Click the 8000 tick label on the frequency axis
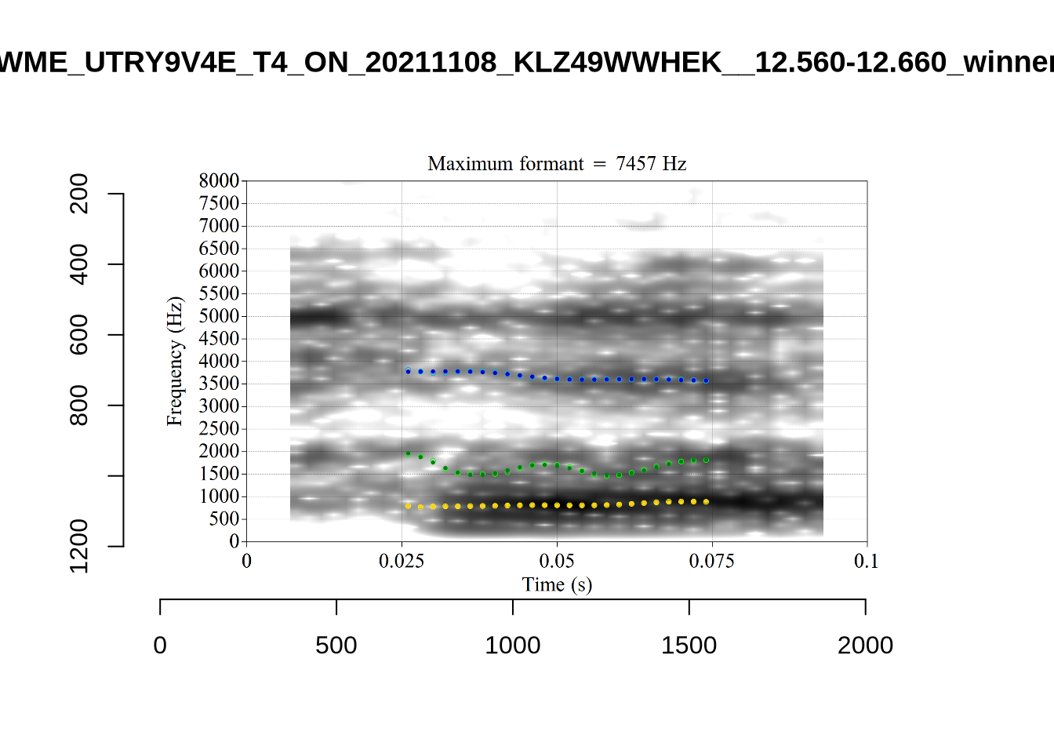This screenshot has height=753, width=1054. tap(219, 180)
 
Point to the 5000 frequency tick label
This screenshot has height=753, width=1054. tap(219, 316)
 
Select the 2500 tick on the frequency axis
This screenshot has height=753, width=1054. tap(219, 428)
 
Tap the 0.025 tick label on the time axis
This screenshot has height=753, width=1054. tap(402, 561)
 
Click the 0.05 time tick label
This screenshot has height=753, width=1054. tap(557, 561)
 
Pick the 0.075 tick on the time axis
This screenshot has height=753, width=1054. tap(711, 561)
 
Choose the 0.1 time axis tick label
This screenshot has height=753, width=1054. tap(867, 561)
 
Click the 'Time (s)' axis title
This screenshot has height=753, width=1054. tap(557, 584)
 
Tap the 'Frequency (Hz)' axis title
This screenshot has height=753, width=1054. tap(174, 362)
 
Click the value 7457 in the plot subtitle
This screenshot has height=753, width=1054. tap(635, 164)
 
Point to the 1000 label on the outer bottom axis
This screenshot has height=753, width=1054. tap(513, 646)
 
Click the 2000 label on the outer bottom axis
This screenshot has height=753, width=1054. tap(865, 646)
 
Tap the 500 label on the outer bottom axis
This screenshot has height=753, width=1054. tap(336, 646)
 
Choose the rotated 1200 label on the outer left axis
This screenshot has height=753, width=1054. tap(79, 545)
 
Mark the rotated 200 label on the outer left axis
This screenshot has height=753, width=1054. tap(79, 194)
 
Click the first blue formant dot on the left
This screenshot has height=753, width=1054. tap(408, 371)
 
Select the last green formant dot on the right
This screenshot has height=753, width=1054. tap(706, 460)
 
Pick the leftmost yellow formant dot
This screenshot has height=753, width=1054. tap(408, 506)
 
